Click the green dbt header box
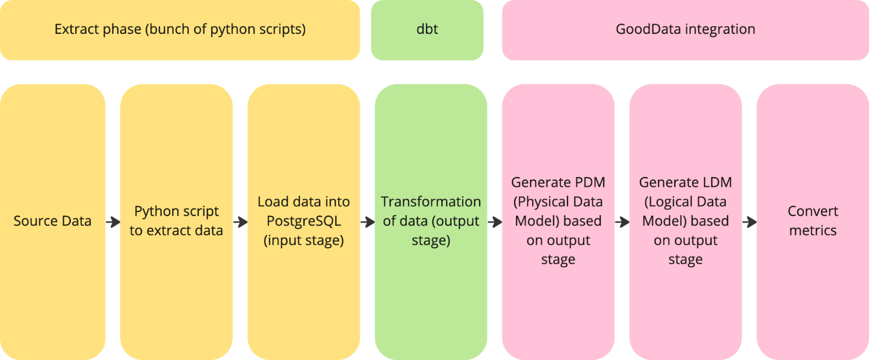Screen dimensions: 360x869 [426, 30]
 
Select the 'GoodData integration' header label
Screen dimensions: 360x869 [685, 29]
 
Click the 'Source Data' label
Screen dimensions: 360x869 [52, 221]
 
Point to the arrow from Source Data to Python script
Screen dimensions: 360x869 [113, 222]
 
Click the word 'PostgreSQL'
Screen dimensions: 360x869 [303, 221]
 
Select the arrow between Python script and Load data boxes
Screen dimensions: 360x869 [240, 222]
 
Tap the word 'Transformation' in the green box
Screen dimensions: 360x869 [430, 202]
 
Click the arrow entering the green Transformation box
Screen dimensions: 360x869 [368, 222]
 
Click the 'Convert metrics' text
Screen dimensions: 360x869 [812, 220]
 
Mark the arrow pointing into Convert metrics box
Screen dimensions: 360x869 [749, 222]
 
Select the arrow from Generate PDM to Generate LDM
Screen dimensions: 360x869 [622, 222]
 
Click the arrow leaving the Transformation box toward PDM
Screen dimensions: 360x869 [495, 222]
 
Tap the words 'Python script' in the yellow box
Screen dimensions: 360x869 [176, 211]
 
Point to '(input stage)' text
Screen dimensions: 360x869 [303, 240]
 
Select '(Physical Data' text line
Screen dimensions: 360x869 [558, 202]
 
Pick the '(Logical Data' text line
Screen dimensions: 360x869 [685, 202]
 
